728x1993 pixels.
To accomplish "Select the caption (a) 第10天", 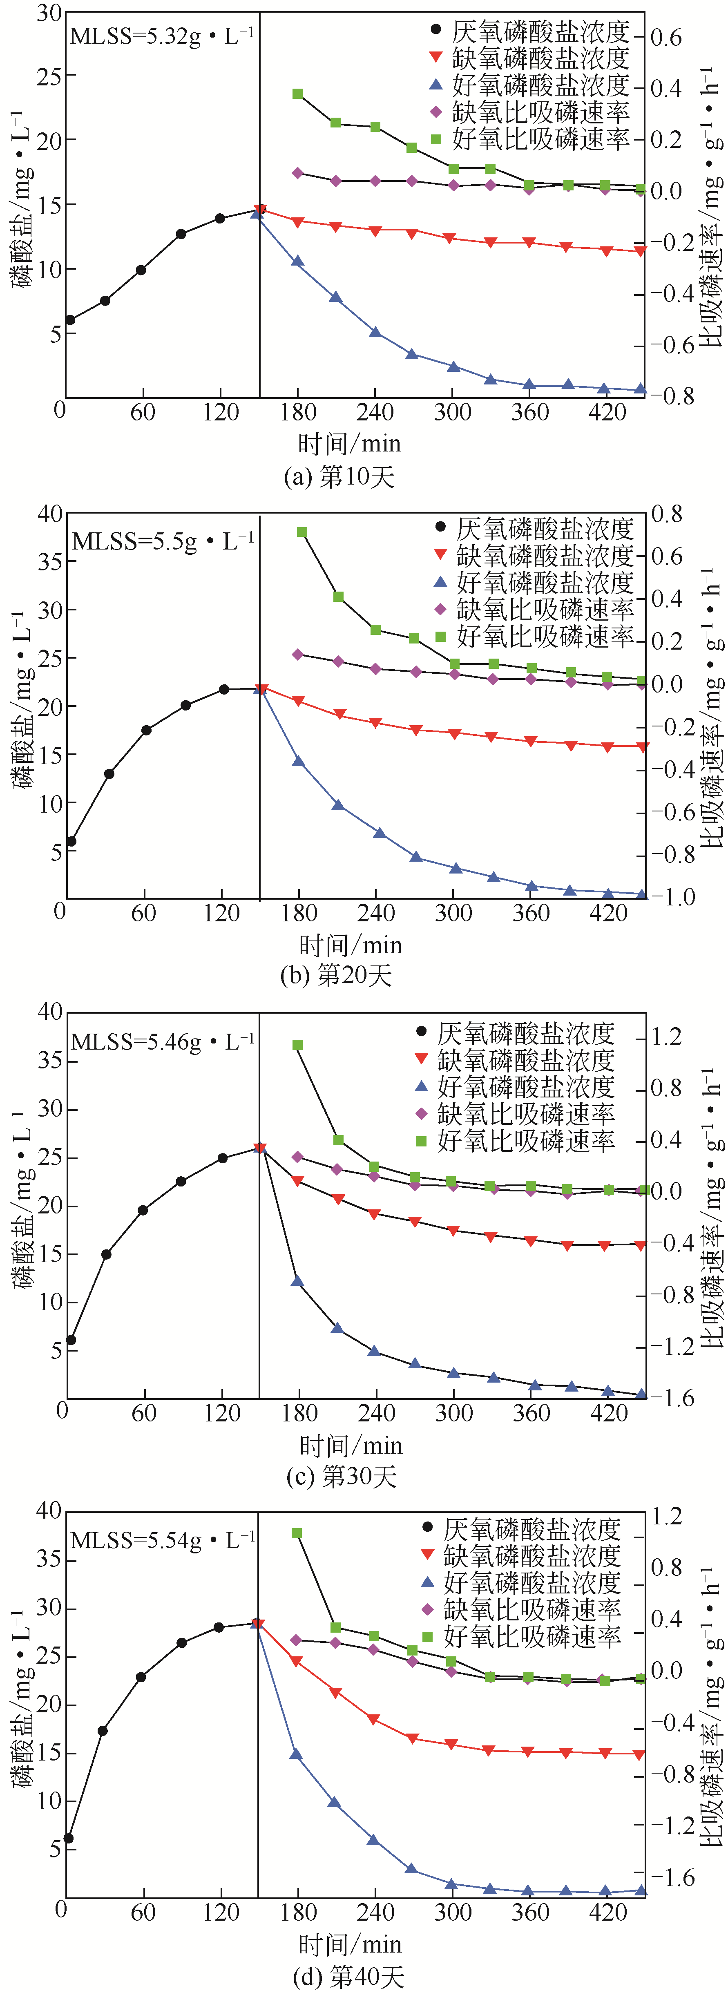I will pyautogui.click(x=339, y=476).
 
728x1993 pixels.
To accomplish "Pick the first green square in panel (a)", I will pyautogui.click(x=297, y=94).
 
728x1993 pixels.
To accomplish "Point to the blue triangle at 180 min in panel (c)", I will pyautogui.click(x=297, y=1281).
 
